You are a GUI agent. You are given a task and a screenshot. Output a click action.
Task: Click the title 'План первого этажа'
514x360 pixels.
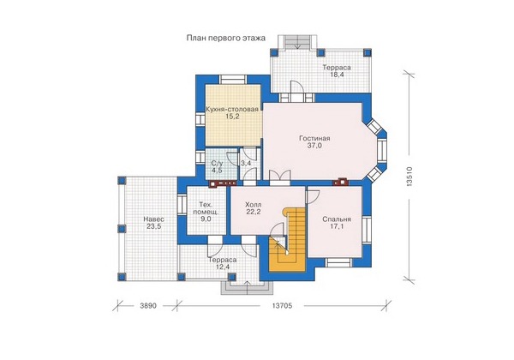tap(226, 39)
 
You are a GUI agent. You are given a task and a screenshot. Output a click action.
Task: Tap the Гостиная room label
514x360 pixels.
tap(314, 138)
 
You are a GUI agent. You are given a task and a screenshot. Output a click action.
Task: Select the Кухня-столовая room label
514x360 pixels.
tap(232, 109)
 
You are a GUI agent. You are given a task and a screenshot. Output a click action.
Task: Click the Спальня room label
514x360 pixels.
tap(337, 219)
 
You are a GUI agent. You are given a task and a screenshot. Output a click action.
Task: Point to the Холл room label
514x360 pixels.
tap(254, 205)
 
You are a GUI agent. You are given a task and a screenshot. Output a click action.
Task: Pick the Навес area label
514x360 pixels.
tap(153, 219)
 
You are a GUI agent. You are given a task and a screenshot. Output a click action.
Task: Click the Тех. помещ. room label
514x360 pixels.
tap(206, 208)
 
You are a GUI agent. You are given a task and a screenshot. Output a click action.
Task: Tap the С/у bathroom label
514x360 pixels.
tap(217, 163)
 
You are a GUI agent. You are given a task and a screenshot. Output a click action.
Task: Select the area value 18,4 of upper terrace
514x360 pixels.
tap(337, 75)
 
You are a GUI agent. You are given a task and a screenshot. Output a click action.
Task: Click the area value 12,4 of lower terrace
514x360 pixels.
tap(223, 267)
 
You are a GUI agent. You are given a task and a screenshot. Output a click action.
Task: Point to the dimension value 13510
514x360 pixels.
tap(409, 177)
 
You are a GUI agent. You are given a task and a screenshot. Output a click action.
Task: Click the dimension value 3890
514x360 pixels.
tap(148, 306)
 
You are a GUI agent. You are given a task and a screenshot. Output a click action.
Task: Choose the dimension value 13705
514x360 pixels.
tap(282, 306)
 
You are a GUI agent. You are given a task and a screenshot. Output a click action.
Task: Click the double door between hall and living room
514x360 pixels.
tap(279, 176)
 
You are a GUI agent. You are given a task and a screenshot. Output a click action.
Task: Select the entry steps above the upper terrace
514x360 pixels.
tap(297, 42)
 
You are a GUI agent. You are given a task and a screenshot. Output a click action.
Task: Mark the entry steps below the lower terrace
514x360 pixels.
tap(247, 287)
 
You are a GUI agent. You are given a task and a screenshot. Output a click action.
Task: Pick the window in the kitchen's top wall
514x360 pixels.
tap(232, 80)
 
